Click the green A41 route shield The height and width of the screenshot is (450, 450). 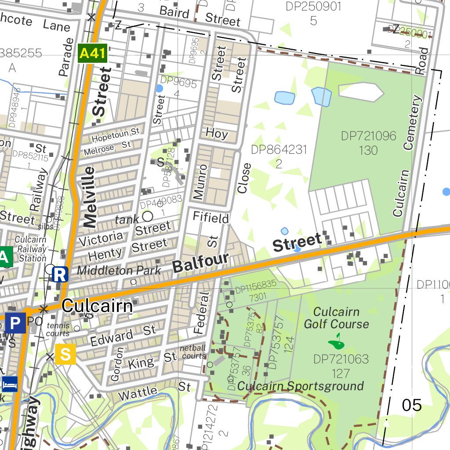click(92, 54)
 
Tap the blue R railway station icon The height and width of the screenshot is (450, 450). click(60, 274)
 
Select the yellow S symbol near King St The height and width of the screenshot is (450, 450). click(65, 354)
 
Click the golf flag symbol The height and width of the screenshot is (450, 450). click(337, 339)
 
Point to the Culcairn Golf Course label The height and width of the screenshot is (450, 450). click(336, 318)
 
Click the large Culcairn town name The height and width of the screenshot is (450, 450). click(97, 306)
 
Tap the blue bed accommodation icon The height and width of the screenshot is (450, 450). click(10, 384)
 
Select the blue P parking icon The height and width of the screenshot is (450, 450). click(15, 324)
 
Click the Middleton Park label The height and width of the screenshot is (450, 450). click(119, 270)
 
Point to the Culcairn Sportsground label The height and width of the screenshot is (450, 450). click(301, 386)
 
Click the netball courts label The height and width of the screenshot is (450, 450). click(193, 352)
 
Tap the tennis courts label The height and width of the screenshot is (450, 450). click(58, 330)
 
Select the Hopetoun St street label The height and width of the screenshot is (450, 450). click(116, 134)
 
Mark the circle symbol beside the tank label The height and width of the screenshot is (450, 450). click(147, 216)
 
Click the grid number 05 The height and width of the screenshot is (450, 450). click(412, 405)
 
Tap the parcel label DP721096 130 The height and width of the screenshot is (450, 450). click(368, 143)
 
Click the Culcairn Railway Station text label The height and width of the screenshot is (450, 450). click(30, 249)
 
